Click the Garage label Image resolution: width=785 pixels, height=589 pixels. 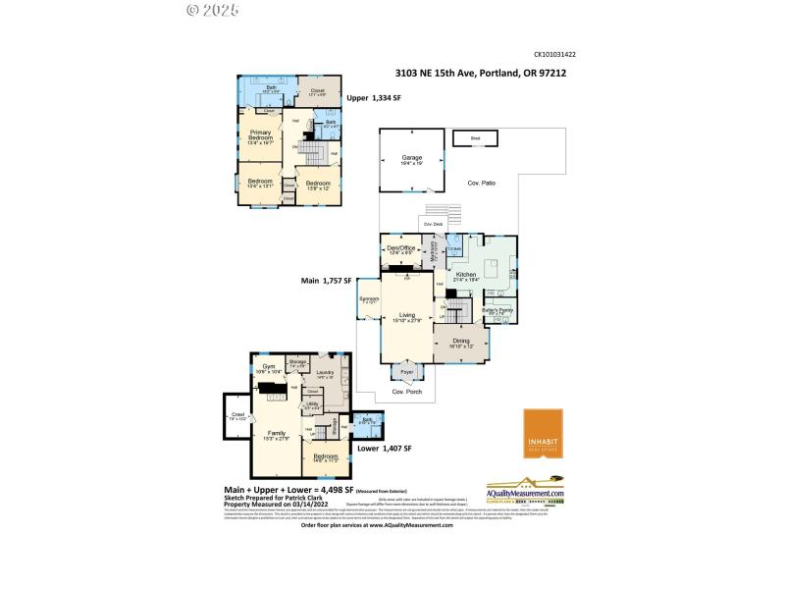410,159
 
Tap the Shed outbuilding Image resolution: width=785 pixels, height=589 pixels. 475,138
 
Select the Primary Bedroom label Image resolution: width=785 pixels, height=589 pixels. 260,135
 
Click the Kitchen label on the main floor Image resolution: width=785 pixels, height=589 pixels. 465,276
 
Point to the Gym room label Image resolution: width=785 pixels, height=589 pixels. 268,368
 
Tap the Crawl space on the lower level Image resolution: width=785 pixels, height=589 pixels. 236,417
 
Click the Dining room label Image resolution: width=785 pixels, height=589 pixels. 461,343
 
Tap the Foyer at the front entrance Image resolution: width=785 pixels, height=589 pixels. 406,372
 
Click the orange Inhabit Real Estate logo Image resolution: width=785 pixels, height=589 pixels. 543,433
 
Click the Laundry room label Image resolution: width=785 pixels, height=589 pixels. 327,374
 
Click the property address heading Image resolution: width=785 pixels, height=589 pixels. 480,72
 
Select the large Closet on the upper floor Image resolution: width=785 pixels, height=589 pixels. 317,93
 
